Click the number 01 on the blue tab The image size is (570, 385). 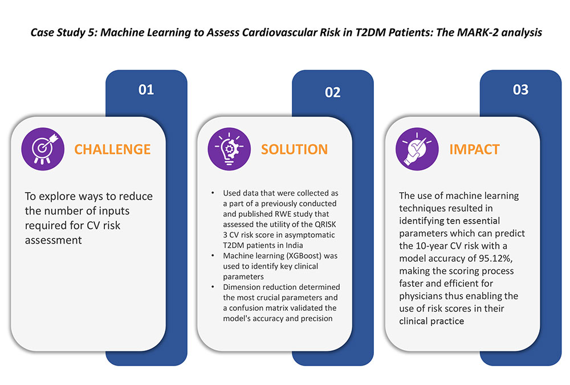146,90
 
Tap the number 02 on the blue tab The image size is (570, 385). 333,92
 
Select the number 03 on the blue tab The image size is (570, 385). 520,90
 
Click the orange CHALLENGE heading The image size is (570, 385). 112,149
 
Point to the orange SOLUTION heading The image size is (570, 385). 294,149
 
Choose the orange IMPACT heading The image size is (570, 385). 474,149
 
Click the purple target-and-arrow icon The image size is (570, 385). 43,149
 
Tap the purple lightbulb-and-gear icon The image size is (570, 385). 229,149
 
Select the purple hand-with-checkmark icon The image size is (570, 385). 417,149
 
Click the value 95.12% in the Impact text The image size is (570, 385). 496,258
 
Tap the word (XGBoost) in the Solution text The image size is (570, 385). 304,256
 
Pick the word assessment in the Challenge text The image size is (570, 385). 54,240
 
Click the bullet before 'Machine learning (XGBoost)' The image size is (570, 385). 213,256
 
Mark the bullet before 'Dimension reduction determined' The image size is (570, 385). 213,287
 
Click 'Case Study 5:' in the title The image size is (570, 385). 64,33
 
